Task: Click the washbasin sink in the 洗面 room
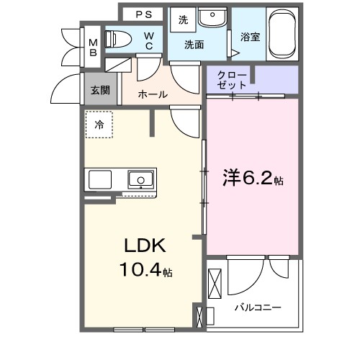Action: tap(212, 18)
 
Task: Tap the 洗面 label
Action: tap(194, 45)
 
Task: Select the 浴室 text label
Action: tap(250, 34)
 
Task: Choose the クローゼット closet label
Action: tap(233, 80)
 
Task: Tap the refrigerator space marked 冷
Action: tap(99, 125)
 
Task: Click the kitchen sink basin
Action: tap(140, 179)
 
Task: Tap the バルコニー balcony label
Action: tap(257, 307)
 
